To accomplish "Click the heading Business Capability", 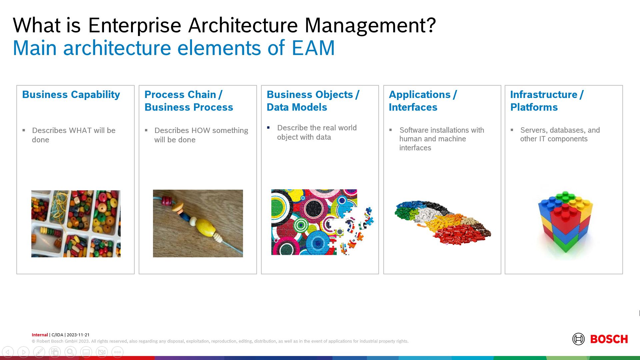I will point(71,95).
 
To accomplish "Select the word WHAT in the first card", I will point(80,131).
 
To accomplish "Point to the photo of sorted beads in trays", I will point(76,224).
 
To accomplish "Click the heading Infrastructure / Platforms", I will point(547,101).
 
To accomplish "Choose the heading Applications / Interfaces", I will point(423,101).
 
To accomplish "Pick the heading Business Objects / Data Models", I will point(313,101).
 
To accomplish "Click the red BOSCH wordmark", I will point(609,339).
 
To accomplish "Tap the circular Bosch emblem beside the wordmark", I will point(578,339).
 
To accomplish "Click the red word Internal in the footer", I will point(40,335).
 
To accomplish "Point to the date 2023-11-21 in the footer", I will point(78,335).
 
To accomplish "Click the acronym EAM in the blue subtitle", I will point(313,48).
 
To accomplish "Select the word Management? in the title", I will point(370,25).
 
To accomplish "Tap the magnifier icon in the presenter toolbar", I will point(70,352).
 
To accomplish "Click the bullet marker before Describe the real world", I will point(268,128).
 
